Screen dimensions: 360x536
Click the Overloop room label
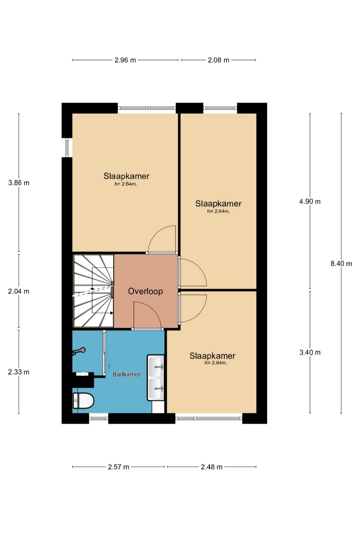pos(145,291)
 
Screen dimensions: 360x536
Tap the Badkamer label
pos(126,374)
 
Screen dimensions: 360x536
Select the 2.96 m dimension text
pos(125,60)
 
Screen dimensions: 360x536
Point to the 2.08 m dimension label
pos(218,60)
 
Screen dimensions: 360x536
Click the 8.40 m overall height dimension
pos(341,264)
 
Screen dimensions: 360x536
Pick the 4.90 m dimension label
pos(310,202)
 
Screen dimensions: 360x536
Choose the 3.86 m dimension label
pos(19,183)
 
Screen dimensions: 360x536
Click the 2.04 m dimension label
pos(19,291)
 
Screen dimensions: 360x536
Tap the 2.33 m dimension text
pos(19,372)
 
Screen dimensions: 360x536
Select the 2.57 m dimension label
pos(118,467)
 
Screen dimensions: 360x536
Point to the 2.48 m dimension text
pos(212,467)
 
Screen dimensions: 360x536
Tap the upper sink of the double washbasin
pos(156,366)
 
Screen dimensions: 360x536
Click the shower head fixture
pos(79,351)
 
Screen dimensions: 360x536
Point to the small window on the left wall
pos(67,148)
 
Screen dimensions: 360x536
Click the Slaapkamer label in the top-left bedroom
pos(126,176)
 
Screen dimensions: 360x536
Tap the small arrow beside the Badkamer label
pos(109,366)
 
